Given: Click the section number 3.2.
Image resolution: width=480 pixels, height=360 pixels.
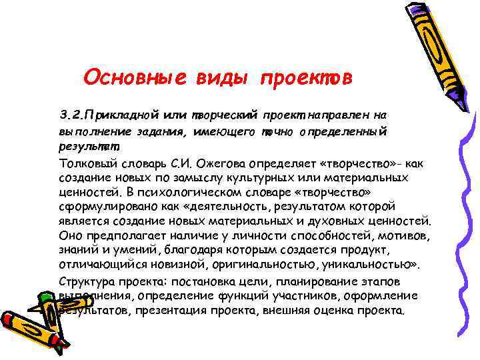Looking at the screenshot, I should pyautogui.click(x=71, y=114).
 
